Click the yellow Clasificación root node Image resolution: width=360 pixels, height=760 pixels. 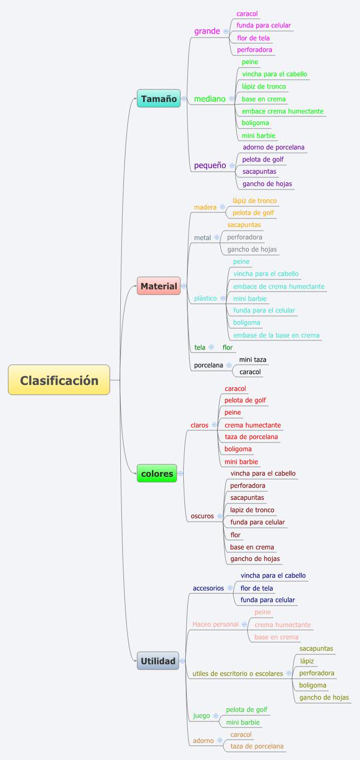59,380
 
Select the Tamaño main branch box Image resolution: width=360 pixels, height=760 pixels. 158,99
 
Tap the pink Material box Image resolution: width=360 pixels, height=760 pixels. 158,286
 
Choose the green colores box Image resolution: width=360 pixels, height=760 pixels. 157,473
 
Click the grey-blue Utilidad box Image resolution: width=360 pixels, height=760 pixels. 158,661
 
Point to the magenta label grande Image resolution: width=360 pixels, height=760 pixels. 207,31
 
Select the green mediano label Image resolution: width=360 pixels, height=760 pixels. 209,99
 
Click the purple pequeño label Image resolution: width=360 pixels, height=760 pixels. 210,166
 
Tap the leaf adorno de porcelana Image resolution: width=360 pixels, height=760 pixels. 273,147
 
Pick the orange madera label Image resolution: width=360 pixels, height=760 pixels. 205,207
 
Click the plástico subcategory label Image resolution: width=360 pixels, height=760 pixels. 205,298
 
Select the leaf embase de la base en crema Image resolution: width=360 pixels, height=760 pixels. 276,335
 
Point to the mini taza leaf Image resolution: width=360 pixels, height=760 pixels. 252,360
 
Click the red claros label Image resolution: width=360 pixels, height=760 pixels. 200,425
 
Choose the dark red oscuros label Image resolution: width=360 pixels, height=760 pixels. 202,516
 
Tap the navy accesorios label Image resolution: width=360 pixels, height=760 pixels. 208,588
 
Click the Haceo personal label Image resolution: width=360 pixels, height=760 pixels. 215,624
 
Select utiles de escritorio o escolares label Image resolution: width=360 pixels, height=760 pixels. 238,674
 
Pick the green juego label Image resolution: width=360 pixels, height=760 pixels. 201,716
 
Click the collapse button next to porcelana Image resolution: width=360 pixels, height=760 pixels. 229,365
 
